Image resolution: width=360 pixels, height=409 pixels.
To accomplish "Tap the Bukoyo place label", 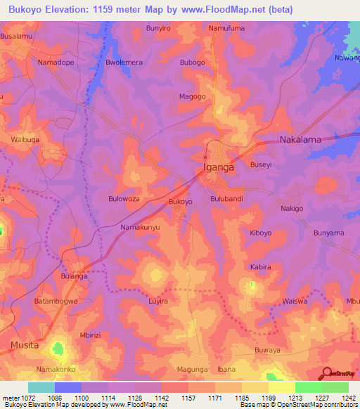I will click(181, 202).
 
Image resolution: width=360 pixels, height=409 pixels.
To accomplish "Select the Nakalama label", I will click(300, 140).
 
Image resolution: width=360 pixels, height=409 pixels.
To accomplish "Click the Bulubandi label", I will click(227, 200).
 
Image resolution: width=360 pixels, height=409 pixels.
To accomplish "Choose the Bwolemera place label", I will click(124, 63).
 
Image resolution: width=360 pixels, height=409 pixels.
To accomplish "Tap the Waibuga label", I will click(26, 140).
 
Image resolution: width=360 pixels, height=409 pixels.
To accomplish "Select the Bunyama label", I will click(329, 233).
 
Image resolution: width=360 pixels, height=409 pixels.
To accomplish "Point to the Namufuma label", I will click(226, 28).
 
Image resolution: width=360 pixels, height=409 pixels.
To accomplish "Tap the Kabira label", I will click(261, 267).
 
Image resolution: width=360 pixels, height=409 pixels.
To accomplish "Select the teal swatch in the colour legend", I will click(41, 387).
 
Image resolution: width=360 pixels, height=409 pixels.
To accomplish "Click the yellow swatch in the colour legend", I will click(281, 387).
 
